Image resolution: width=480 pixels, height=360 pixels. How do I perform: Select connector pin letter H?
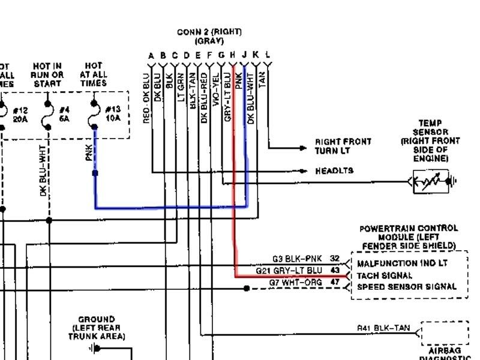click(232, 55)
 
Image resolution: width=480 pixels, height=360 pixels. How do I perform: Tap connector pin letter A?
click(151, 55)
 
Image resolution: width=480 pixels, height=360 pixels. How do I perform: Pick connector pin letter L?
click(267, 55)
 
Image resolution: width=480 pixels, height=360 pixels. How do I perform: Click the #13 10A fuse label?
click(113, 113)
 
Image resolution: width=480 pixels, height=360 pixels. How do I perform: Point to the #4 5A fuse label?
click(65, 113)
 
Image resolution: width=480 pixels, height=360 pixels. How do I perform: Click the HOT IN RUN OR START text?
click(47, 75)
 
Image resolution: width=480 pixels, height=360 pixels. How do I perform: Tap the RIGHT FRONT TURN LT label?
click(343, 146)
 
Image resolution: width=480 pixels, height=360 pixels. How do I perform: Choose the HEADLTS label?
click(334, 171)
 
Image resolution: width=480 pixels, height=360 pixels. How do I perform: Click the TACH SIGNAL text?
click(385, 275)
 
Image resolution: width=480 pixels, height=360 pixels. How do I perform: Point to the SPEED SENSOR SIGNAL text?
click(411, 287)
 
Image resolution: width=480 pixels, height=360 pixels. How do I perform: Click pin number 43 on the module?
click(335, 271)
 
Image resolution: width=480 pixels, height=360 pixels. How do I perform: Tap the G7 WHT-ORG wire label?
click(295, 282)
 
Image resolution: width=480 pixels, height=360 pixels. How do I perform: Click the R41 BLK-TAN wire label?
click(383, 328)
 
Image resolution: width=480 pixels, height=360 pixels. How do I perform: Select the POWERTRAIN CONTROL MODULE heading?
click(409, 237)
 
